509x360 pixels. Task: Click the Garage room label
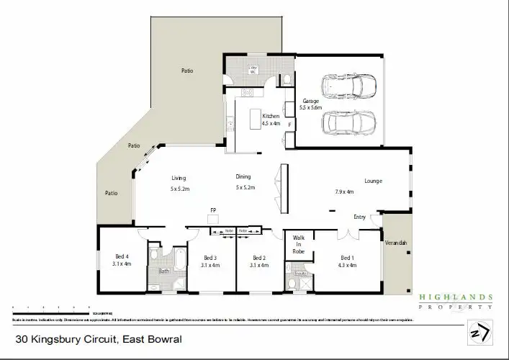tap(311, 102)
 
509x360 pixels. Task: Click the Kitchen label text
tap(270, 116)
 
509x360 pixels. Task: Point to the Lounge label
tap(373, 181)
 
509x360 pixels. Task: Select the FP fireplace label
tap(213, 210)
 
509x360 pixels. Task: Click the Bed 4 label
tap(122, 257)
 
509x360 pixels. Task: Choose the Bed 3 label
tap(210, 258)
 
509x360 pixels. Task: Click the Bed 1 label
tap(347, 258)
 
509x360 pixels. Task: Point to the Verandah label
tap(396, 243)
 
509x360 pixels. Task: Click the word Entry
tap(359, 217)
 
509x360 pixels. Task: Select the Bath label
tap(164, 271)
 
